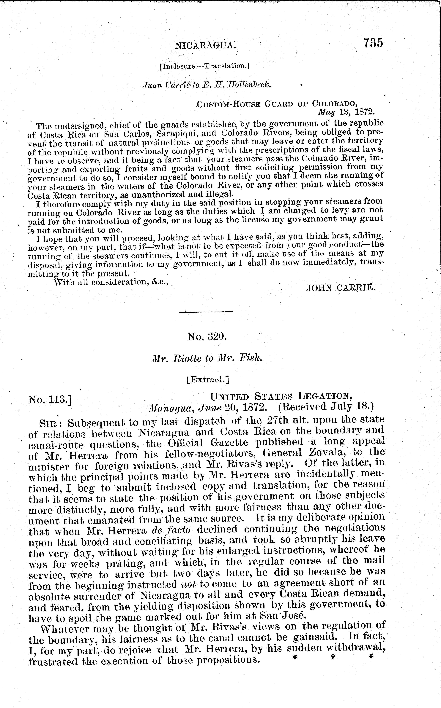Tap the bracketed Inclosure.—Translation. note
(x=204, y=66)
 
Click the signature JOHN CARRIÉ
(x=340, y=288)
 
